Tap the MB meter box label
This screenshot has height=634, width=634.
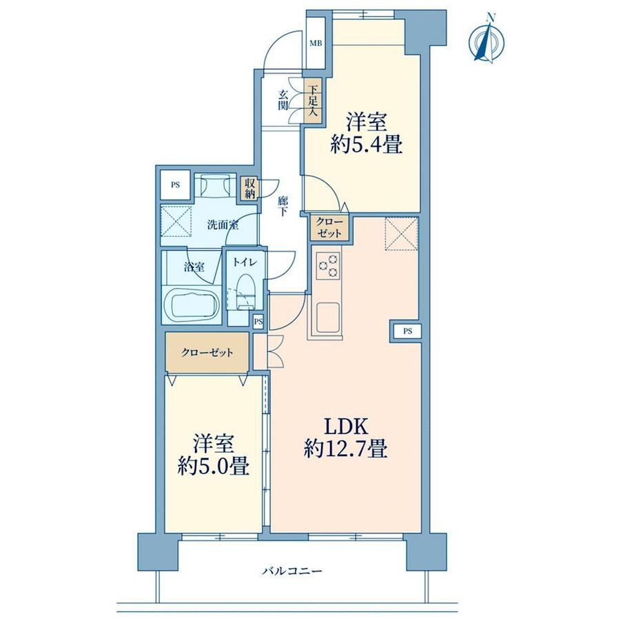click(316, 43)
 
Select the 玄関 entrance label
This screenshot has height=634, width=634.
click(283, 101)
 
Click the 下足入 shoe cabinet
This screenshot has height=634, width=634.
click(313, 100)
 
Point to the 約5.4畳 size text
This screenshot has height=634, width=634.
click(367, 144)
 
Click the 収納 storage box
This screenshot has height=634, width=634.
click(249, 188)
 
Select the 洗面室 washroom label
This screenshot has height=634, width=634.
click(223, 225)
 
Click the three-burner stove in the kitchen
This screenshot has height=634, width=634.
click(328, 265)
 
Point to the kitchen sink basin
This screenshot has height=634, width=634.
click(328, 318)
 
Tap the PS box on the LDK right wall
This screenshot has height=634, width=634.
click(407, 331)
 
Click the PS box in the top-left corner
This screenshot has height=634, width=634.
click(175, 185)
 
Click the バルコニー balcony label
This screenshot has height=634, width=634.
click(293, 571)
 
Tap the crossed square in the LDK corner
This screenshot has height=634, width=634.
click(401, 234)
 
